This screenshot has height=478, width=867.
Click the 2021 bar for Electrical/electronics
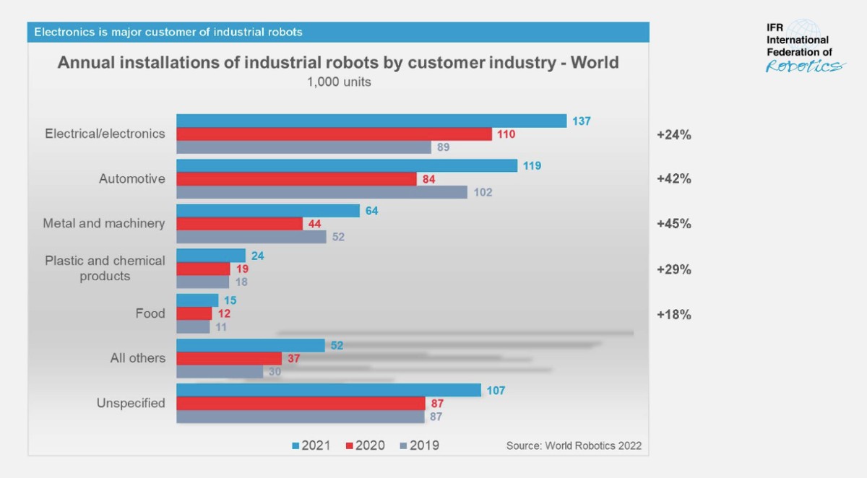point(371,121)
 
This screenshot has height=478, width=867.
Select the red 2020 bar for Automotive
point(296,179)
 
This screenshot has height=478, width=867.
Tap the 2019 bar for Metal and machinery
point(251,237)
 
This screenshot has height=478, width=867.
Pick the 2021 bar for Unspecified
point(329,390)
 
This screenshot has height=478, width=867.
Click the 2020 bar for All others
point(229,358)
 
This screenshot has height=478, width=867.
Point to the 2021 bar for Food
point(197,300)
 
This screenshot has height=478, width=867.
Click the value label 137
point(582,121)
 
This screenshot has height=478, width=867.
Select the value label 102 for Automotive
point(483,193)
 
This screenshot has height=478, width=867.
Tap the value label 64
point(371,211)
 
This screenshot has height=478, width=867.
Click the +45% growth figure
point(673,224)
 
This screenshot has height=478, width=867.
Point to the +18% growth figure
point(673,315)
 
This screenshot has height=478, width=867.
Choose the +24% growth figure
point(673,134)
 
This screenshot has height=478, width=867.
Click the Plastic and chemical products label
point(105,268)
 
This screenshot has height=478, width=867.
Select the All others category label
point(137,358)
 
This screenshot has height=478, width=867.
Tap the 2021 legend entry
point(311,446)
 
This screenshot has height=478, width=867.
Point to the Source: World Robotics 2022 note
point(574,446)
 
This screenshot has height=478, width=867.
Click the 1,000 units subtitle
point(339,82)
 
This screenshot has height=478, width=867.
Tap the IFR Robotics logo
point(803,47)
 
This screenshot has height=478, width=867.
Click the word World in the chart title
point(595,62)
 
